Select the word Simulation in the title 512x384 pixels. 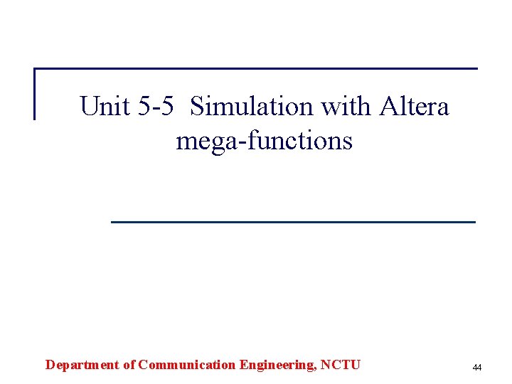pyautogui.click(x=252, y=107)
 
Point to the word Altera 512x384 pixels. pyautogui.click(x=415, y=107)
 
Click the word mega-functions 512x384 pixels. pyautogui.click(x=264, y=141)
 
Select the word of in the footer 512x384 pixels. pyautogui.click(x=128, y=366)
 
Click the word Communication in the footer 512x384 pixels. pyautogui.click(x=187, y=366)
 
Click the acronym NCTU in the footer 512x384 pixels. pyautogui.click(x=341, y=366)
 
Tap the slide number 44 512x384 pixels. pyautogui.click(x=476, y=368)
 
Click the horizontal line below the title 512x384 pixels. pyautogui.click(x=293, y=223)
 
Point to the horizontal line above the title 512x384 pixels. pyautogui.click(x=256, y=69)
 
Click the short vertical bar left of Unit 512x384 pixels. pyautogui.click(x=35, y=94)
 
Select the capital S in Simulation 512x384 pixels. pyautogui.click(x=198, y=107)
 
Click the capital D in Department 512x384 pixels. pyautogui.click(x=50, y=366)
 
